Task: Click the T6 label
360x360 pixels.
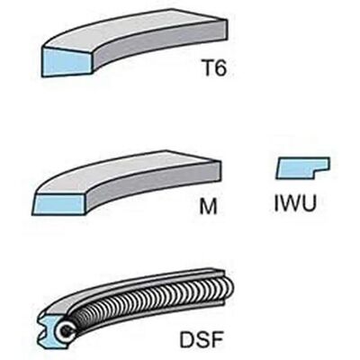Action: tap(215, 67)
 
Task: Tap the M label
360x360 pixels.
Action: tap(208, 206)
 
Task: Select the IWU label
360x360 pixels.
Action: tap(295, 203)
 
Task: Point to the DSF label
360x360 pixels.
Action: tap(202, 339)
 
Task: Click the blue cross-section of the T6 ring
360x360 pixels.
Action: tap(67, 62)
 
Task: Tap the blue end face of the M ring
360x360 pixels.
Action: tap(59, 203)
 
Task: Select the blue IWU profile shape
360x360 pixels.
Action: tap(302, 167)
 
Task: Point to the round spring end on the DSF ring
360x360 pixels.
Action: tap(66, 331)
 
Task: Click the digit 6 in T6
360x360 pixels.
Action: tap(221, 67)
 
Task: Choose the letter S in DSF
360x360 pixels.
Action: tap(202, 339)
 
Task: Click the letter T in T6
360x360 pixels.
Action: tap(209, 67)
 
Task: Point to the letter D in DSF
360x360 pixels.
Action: tap(187, 339)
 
